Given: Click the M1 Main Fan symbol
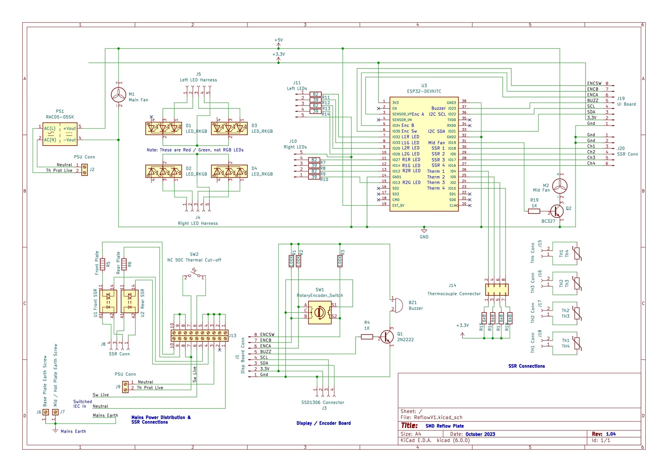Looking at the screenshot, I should click(x=119, y=95).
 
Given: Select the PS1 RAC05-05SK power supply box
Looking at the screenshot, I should click(x=60, y=134).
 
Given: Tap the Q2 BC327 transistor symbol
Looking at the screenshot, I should click(x=557, y=211).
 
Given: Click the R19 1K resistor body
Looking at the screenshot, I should click(x=534, y=211).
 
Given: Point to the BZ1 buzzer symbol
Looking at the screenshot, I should click(x=397, y=305).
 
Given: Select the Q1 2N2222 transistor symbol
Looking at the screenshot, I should click(x=387, y=336).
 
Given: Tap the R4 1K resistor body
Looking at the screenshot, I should click(x=367, y=337).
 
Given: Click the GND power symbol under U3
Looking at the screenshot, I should click(x=424, y=231).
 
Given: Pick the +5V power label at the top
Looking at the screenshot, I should click(x=278, y=40).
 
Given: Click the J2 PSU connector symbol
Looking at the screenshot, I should click(x=85, y=170).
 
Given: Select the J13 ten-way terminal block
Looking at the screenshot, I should click(x=200, y=335).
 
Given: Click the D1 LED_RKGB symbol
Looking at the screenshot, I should click(x=164, y=128).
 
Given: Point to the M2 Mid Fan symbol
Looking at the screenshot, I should click(x=560, y=186).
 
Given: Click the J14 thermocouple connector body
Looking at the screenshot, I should click(x=497, y=290).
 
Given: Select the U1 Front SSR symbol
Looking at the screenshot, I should click(x=108, y=301).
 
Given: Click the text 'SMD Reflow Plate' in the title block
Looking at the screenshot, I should click(x=444, y=426).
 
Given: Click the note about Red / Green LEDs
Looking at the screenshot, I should click(x=195, y=150).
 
